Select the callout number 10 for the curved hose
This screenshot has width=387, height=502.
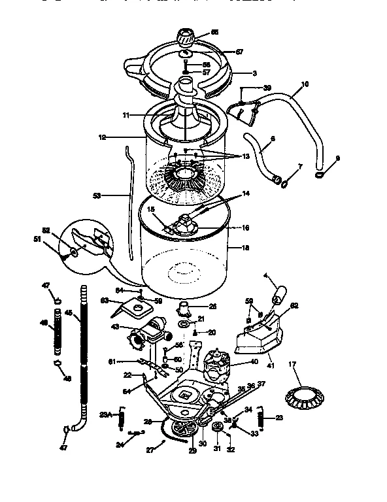(305, 84)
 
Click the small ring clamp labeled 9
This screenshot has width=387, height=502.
(319, 175)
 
